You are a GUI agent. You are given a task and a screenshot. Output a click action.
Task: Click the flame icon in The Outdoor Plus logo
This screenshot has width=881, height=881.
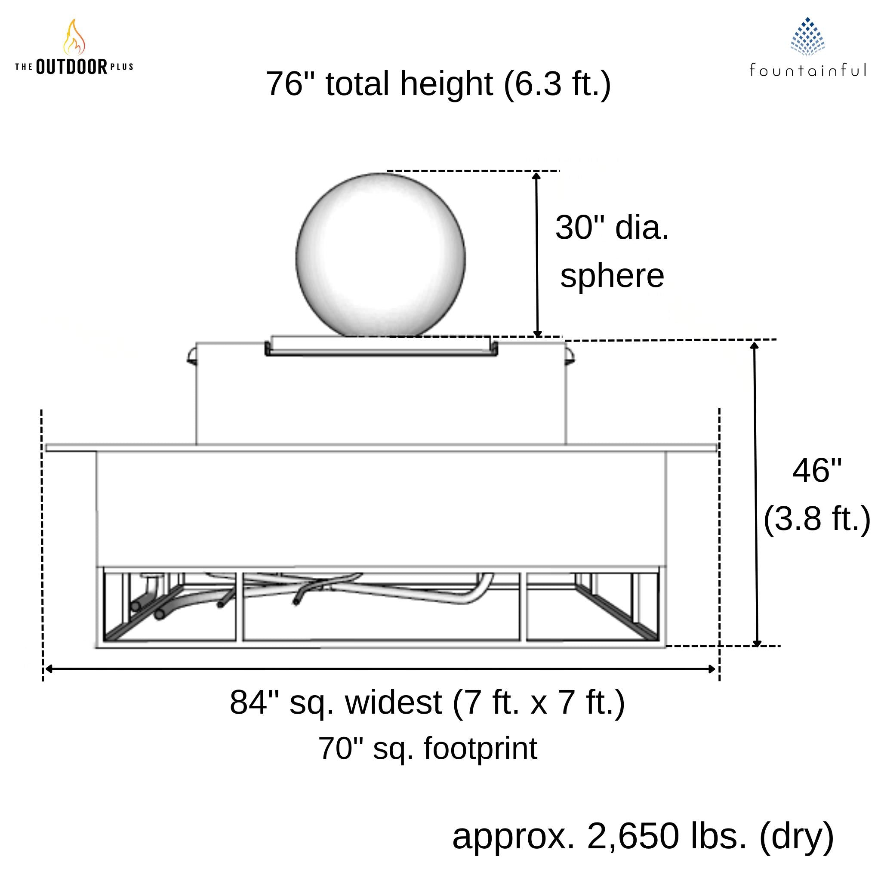(74, 37)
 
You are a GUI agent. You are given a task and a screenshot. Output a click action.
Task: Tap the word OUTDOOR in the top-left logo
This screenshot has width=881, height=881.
(71, 67)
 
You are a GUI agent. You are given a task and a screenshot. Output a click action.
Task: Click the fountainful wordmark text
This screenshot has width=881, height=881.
(807, 70)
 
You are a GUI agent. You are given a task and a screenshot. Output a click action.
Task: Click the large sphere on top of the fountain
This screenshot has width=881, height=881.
(381, 256)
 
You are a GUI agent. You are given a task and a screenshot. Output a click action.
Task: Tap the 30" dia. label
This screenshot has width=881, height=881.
(612, 227)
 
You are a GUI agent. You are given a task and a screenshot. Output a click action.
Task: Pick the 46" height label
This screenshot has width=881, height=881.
(817, 471)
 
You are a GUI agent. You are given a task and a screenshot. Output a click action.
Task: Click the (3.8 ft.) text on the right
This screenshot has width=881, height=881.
(817, 518)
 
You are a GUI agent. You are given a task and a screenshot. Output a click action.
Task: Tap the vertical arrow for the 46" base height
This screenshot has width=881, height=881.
(755, 493)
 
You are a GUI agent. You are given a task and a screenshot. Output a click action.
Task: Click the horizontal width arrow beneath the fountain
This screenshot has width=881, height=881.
(381, 669)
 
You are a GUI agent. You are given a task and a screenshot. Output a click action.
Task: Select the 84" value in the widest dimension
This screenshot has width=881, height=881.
(254, 702)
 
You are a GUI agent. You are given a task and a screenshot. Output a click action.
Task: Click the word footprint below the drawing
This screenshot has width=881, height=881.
(481, 749)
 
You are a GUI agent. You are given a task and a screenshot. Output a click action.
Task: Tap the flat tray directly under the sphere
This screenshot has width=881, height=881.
(381, 346)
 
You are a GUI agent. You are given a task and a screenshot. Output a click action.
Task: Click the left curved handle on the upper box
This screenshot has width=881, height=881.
(192, 355)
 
